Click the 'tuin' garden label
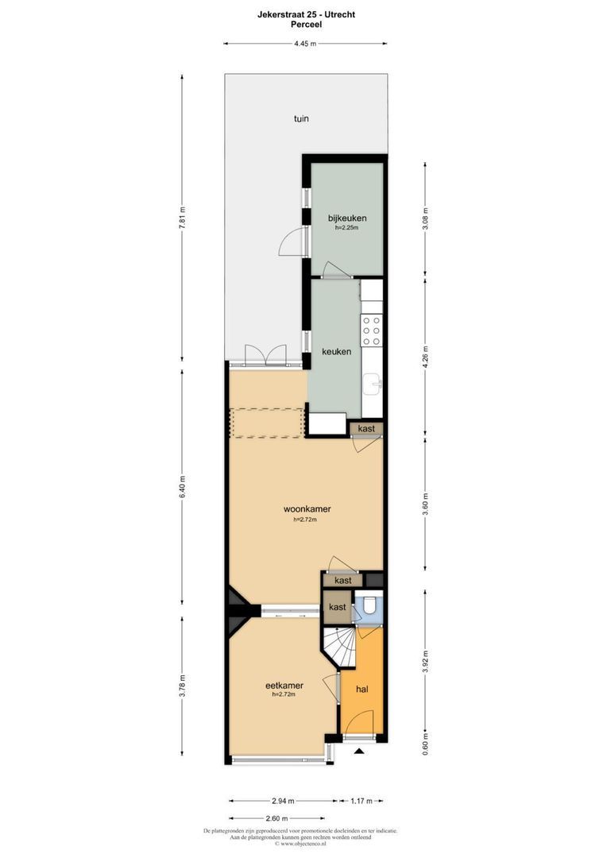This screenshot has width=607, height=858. tap(300, 119)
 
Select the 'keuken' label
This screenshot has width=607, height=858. tap(336, 351)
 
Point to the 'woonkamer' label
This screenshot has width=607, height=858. tap(307, 509)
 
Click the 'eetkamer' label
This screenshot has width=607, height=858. tap(284, 685)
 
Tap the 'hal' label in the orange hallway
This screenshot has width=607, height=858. tap(362, 690)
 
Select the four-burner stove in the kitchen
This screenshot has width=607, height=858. tap(372, 330)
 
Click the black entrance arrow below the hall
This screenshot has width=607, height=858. tap(359, 751)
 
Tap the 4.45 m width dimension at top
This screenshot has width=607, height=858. tap(305, 44)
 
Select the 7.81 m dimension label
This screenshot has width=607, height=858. tap(182, 223)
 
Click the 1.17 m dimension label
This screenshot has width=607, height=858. tap(361, 801)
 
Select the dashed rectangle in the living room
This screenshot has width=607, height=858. tap(267, 422)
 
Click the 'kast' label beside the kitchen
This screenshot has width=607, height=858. tap(366, 429)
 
